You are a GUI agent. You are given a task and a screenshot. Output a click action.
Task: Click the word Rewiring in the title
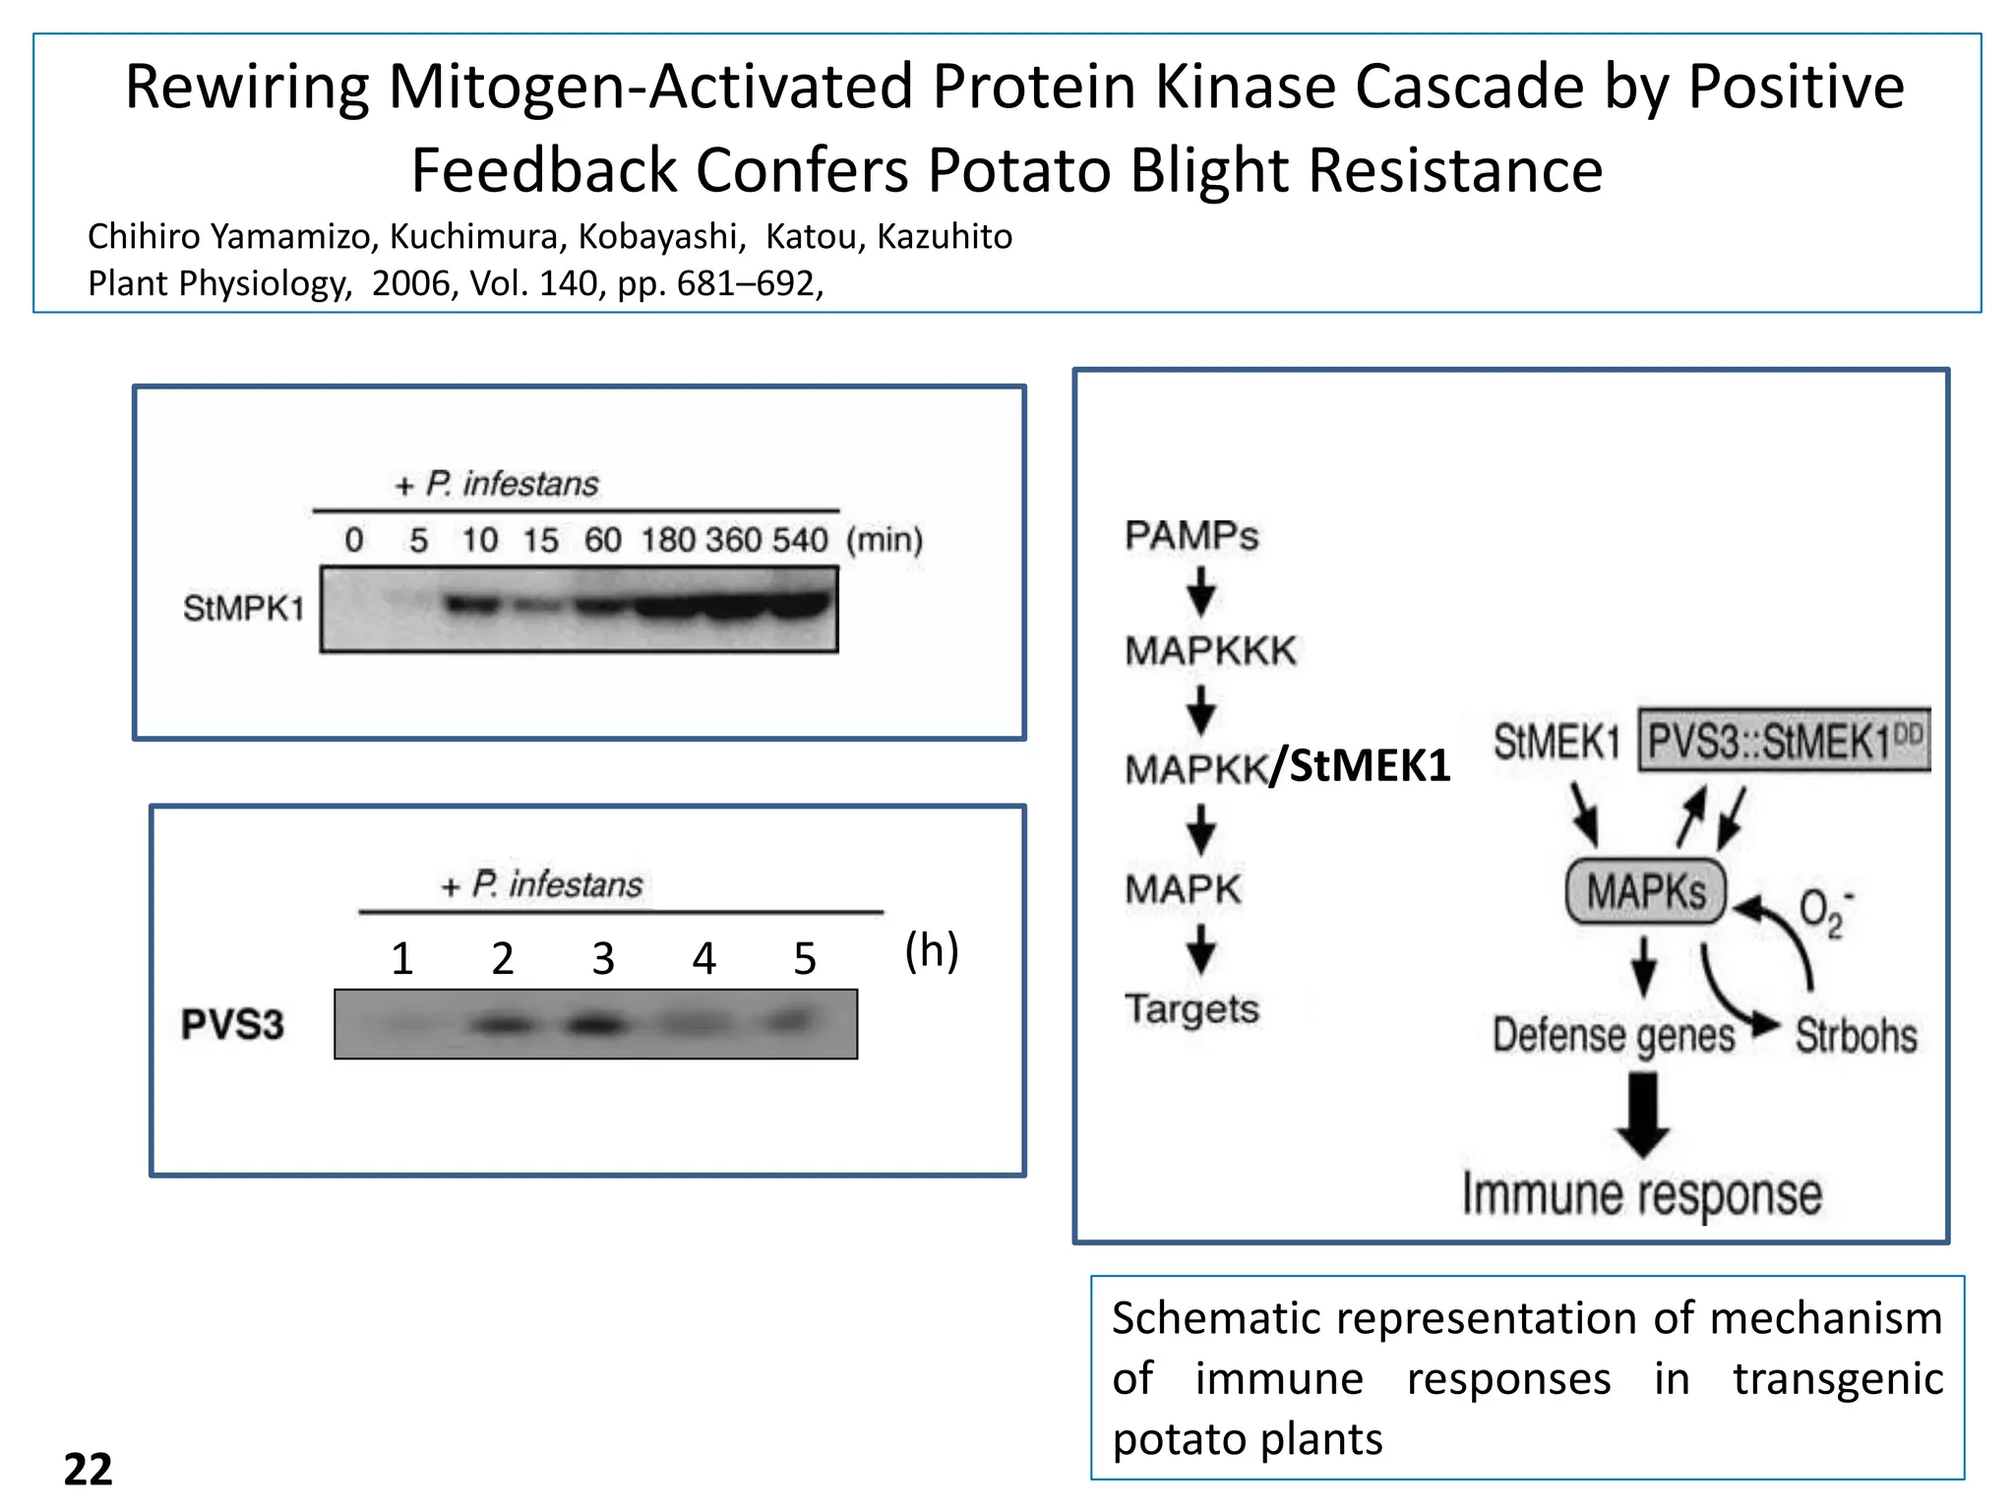pos(246,87)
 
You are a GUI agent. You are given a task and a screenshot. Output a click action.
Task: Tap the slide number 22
pos(88,1469)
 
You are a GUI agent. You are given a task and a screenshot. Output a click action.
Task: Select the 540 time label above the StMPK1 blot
pos(799,539)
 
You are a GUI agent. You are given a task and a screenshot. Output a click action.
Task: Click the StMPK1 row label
pos(243,608)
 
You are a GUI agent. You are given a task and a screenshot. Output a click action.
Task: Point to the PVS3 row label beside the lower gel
pos(232,1024)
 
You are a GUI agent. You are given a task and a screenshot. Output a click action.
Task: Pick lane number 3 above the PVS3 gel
pos(603,958)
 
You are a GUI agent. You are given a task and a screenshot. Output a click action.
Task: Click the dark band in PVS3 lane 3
pos(597,1026)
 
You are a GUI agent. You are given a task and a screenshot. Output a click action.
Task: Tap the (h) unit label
pos(931,950)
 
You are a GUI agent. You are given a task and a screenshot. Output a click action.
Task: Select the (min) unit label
pos(884,539)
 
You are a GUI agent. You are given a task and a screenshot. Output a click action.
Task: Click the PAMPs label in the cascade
pos(1191,535)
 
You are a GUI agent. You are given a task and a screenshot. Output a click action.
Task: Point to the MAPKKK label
pos(1210,650)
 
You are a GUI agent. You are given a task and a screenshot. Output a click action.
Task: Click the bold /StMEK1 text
pos(1360,765)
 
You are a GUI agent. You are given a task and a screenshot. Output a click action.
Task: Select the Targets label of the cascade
pos(1191,1008)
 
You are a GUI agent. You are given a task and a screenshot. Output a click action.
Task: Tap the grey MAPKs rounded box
pos(1645,891)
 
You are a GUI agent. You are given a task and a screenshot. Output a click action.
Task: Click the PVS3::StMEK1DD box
pos(1783,740)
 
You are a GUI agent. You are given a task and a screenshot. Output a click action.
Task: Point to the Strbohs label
pos(1856,1035)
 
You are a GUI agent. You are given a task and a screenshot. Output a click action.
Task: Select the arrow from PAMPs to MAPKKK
pos(1200,592)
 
